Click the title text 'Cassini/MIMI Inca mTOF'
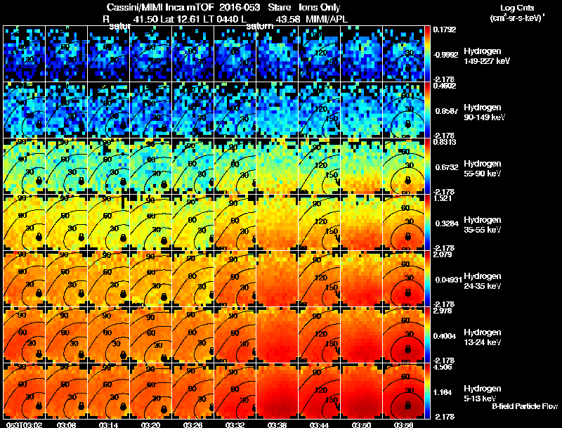pyautogui.click(x=156, y=7)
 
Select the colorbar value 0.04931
pyautogui.click(x=448, y=280)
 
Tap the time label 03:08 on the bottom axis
pyautogui.click(x=67, y=424)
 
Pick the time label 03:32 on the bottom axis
pyautogui.click(x=235, y=424)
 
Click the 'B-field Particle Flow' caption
pyautogui.click(x=524, y=406)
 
